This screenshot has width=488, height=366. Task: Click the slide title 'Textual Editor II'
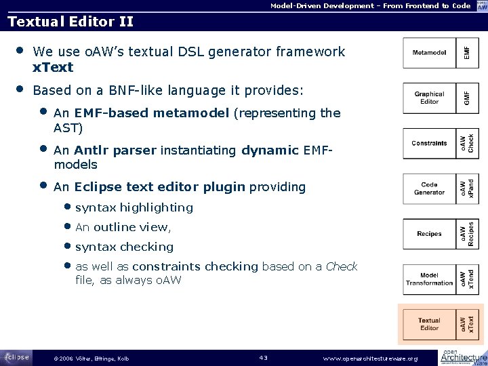(x=70, y=22)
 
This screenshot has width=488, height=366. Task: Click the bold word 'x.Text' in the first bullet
(x=53, y=68)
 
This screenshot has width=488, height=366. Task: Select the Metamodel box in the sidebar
(x=429, y=53)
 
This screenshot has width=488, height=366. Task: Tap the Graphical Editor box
(x=429, y=98)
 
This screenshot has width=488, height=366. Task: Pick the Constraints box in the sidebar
(x=429, y=143)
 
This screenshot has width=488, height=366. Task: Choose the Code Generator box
(x=429, y=188)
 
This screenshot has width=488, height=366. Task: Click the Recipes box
(x=429, y=234)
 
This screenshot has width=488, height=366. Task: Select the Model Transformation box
(x=429, y=279)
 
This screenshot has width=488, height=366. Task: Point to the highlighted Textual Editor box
(x=429, y=324)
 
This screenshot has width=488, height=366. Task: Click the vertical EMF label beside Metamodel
(x=466, y=53)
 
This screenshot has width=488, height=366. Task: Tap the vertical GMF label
(x=466, y=98)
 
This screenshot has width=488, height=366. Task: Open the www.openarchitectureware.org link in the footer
(x=371, y=358)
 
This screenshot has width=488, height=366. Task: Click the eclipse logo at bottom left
(x=16, y=357)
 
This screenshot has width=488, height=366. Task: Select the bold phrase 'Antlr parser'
(x=115, y=150)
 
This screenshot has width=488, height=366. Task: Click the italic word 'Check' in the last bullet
(x=342, y=266)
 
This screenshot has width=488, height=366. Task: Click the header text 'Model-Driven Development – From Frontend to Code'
(x=370, y=5)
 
